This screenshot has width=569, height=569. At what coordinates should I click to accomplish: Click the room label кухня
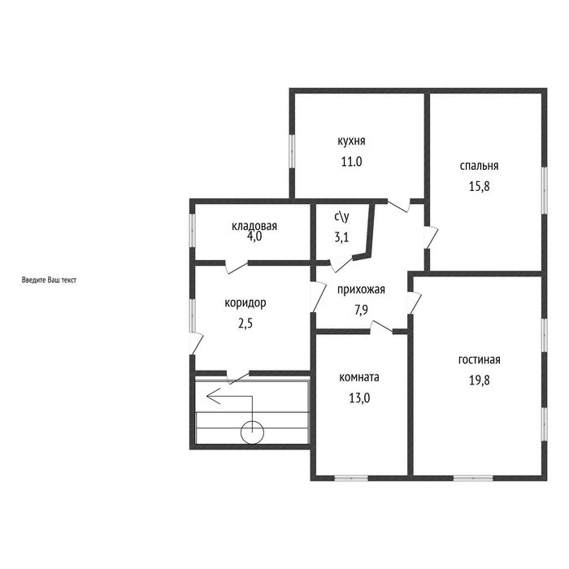click(x=351, y=141)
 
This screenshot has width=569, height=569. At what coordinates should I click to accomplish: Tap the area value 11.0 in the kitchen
click(x=351, y=162)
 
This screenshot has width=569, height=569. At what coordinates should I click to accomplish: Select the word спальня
click(x=479, y=166)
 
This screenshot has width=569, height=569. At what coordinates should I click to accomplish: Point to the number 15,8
click(x=480, y=186)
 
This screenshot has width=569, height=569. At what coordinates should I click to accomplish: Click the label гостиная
click(x=480, y=359)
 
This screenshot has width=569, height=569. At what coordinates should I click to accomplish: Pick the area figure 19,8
click(x=480, y=380)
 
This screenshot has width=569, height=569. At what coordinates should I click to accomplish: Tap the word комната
click(x=359, y=377)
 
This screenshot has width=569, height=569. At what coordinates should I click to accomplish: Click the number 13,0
click(x=359, y=398)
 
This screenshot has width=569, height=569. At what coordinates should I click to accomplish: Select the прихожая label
click(x=361, y=290)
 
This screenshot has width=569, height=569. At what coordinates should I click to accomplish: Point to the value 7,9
click(x=362, y=311)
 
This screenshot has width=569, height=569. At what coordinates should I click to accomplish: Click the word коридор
click(x=245, y=303)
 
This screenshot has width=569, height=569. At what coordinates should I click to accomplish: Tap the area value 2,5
click(x=245, y=324)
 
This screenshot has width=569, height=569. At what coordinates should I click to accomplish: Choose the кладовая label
click(x=254, y=226)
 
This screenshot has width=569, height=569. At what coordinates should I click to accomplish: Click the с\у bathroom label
click(x=342, y=217)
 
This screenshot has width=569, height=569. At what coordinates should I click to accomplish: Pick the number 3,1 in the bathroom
click(x=342, y=237)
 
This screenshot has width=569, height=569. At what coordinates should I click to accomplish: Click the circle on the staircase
click(x=252, y=432)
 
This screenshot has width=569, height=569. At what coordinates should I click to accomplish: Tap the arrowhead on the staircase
click(x=211, y=397)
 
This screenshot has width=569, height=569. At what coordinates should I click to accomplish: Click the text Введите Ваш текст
click(x=49, y=280)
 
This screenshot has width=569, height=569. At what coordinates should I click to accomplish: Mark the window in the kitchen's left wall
click(x=292, y=152)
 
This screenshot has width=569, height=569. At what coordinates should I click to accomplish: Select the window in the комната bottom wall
click(x=351, y=478)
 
